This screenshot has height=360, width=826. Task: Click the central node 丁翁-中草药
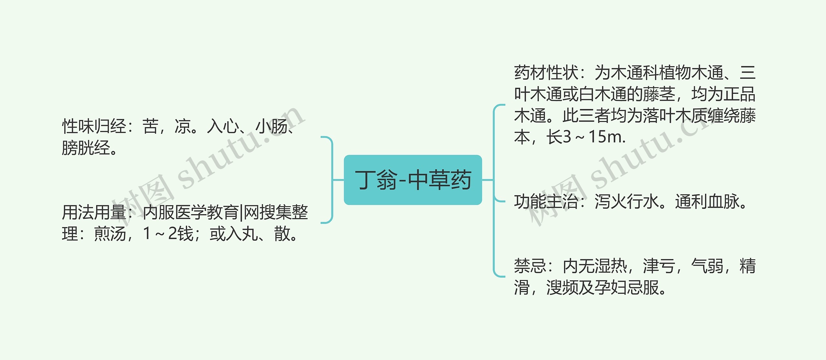(413, 180)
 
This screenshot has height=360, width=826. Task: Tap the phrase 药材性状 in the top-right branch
(546, 73)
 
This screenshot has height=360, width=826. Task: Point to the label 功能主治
(546, 202)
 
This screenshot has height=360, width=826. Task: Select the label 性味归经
(94, 126)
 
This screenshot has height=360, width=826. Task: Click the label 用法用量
(94, 213)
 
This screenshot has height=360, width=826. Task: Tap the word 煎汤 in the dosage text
(110, 234)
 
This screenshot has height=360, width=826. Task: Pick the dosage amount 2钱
(181, 234)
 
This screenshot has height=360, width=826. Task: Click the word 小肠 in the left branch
(271, 126)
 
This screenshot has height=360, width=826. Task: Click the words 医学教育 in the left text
(206, 213)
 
